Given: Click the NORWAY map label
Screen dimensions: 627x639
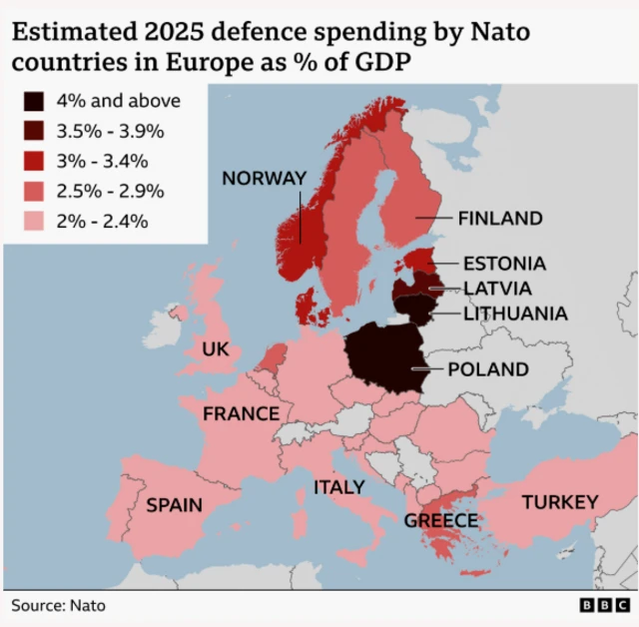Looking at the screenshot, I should click(264, 179).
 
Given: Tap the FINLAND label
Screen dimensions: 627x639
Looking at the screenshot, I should click(499, 219).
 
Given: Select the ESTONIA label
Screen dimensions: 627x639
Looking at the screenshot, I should click(504, 264).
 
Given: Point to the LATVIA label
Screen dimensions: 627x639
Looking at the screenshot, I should click(498, 289).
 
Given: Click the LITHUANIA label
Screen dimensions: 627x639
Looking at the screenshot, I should click(515, 313).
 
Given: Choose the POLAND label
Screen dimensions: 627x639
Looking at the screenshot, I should click(487, 369).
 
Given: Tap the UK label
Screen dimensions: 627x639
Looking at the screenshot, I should click(216, 349).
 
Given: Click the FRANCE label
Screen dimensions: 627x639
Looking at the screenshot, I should click(241, 413).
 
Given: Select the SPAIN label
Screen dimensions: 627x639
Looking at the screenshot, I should click(175, 505).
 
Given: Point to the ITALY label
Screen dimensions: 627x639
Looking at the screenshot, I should click(339, 487).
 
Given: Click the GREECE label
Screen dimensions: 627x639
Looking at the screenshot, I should click(441, 520).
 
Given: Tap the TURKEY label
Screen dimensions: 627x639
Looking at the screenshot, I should click(560, 502).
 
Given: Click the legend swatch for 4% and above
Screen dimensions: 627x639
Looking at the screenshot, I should click(34, 101).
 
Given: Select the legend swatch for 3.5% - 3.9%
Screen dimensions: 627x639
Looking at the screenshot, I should click(34, 131).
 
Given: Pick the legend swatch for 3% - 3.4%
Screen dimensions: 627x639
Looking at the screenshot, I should click(34, 161).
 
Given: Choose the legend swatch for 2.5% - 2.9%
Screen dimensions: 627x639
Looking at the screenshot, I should click(34, 191).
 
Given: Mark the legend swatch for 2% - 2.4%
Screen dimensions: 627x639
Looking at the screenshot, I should click(34, 221).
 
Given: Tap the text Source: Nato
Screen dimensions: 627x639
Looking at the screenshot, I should click(58, 605).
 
